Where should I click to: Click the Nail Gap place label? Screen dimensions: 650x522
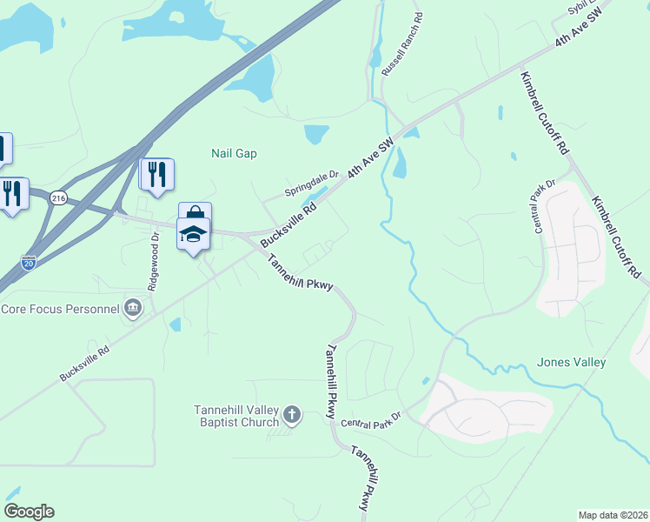[x=235, y=153]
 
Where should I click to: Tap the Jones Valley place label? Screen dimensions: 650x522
[x=571, y=362]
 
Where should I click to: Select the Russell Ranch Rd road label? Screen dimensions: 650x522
[x=402, y=42]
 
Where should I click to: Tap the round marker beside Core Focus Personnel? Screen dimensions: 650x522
[x=133, y=307]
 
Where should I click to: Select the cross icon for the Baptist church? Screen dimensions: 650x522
[x=292, y=414]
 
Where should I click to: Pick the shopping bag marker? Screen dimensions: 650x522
[x=196, y=216]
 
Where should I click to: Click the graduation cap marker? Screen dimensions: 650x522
[x=193, y=233]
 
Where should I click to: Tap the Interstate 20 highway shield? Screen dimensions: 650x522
[x=29, y=261]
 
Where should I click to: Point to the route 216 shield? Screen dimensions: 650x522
[x=58, y=198]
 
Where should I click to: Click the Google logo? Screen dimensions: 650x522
[x=29, y=512]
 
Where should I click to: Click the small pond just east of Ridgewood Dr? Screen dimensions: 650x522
[x=176, y=325]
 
